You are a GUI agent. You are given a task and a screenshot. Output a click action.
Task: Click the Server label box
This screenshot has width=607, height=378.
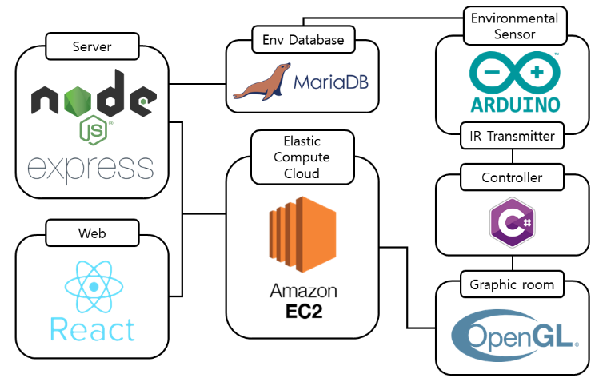click(x=91, y=46)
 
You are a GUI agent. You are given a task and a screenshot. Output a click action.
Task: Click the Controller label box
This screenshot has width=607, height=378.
click(x=511, y=177)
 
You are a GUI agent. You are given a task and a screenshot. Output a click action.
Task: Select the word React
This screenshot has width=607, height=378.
click(x=92, y=328)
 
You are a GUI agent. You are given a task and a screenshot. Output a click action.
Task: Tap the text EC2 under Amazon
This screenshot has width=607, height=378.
click(x=302, y=309)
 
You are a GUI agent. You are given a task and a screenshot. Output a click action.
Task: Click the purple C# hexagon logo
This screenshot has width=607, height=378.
click(x=511, y=222)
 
